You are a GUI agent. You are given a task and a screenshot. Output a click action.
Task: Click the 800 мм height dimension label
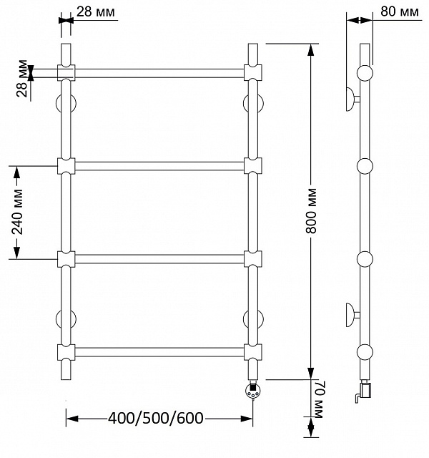point(311,211)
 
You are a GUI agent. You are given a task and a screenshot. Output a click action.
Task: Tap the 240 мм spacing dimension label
point(17,212)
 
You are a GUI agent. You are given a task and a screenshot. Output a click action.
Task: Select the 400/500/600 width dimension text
point(156,418)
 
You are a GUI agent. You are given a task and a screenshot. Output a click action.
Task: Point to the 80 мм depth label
point(399,11)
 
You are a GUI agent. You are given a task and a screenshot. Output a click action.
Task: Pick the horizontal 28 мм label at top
point(95,12)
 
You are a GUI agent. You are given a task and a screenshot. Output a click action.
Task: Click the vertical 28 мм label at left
point(22,78)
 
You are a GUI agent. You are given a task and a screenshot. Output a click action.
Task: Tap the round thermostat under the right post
point(252,391)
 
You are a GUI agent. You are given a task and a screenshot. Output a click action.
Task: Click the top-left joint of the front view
point(66,73)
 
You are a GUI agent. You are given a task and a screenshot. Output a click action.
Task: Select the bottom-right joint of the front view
point(252,352)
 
